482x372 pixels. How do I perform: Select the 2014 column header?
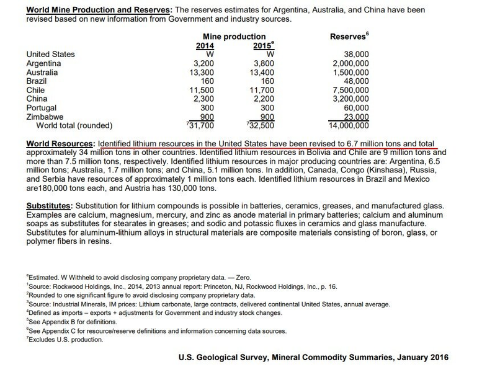pos(205,45)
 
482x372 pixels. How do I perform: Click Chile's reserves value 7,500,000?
pos(351,90)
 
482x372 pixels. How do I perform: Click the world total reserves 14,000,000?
pos(349,125)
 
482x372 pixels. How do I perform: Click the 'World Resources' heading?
pos(60,144)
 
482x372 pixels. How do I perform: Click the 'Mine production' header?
pos(234,37)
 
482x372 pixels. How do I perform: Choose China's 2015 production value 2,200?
pos(264,99)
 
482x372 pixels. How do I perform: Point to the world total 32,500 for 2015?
pos(261,125)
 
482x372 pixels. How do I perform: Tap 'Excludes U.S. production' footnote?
pos(65,340)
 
